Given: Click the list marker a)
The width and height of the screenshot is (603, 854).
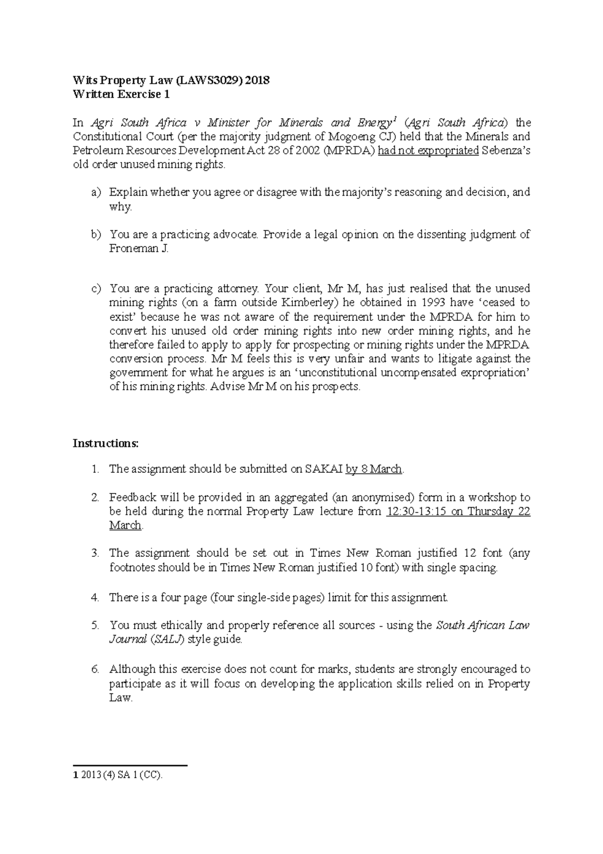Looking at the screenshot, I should [95, 192].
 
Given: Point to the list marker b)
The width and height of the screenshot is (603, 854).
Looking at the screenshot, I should [95, 234].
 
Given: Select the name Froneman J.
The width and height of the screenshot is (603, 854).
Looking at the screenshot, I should [138, 248].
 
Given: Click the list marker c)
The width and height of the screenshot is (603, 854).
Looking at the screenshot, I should [95, 289].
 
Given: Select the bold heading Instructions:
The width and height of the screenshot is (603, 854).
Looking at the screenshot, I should [105, 443].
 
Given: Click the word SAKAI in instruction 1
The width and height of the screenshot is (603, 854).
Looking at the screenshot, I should [324, 469].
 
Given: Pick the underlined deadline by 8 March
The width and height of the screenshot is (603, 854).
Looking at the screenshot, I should [374, 469].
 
